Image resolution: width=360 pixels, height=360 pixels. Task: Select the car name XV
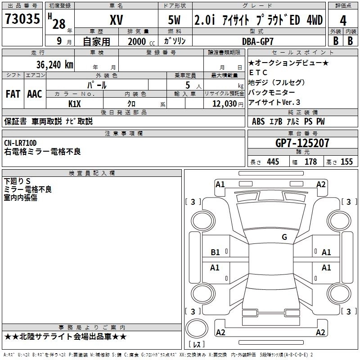[x=117, y=20]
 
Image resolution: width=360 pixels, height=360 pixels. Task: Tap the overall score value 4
[x=343, y=21]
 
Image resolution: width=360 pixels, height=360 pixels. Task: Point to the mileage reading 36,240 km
[x=54, y=64]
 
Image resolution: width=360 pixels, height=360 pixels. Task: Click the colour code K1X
[x=75, y=103]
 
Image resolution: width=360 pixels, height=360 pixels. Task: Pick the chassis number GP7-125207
[x=302, y=143]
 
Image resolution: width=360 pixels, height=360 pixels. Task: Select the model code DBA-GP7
[x=258, y=41]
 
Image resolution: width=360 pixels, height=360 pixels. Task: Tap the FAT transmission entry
[x=13, y=94]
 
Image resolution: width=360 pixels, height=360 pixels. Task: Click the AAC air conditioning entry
[x=34, y=94]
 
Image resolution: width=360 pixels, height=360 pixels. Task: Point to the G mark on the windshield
[x=284, y=237]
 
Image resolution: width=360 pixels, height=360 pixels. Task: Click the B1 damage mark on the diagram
[x=216, y=252]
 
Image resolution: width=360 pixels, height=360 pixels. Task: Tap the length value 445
[x=273, y=162]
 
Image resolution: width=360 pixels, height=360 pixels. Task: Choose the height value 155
[x=346, y=162]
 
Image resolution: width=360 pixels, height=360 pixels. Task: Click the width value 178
[x=310, y=162]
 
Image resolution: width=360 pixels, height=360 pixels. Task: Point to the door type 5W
[x=175, y=20]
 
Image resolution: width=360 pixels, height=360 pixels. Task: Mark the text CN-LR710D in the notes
[x=20, y=143]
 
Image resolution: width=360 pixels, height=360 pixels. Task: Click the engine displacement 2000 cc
[x=138, y=41]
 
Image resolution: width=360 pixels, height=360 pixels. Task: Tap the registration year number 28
[x=59, y=24]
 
